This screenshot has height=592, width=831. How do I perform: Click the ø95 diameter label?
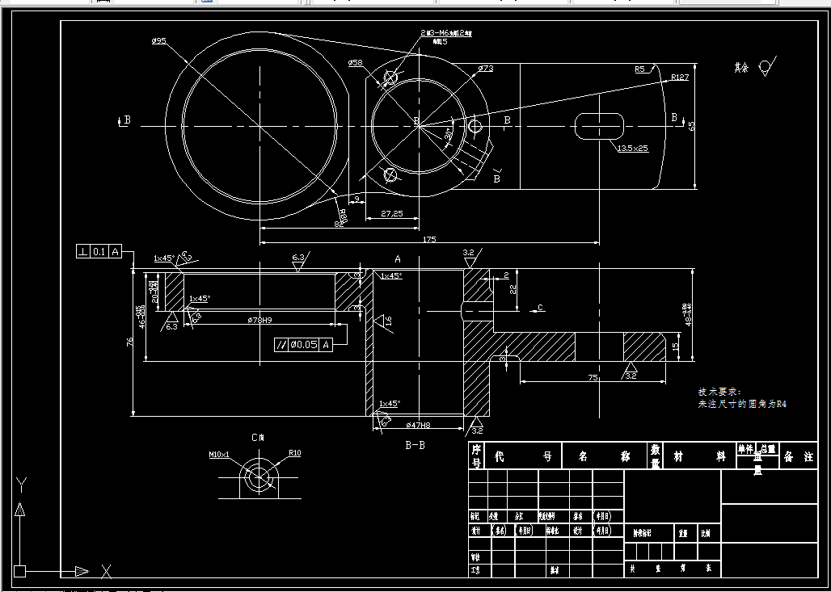click(x=158, y=40)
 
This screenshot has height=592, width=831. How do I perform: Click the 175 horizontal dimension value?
click(x=429, y=240)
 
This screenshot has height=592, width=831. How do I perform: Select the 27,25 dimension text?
click(x=391, y=214)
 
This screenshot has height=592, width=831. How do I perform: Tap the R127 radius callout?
click(x=680, y=78)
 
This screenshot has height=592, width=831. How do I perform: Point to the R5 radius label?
click(x=640, y=69)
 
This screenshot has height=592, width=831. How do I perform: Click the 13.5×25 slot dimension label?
click(x=632, y=149)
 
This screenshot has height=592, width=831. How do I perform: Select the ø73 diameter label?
click(x=485, y=69)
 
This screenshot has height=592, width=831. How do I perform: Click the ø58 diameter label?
click(x=355, y=62)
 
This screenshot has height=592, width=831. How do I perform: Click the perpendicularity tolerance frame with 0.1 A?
click(x=99, y=252)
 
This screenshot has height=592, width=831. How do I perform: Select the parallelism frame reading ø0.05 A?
click(x=303, y=345)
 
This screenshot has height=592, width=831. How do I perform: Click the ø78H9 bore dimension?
click(x=259, y=320)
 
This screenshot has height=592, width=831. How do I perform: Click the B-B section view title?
click(x=415, y=444)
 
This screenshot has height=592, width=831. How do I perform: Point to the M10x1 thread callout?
click(x=219, y=454)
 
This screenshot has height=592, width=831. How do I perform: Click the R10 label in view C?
click(x=294, y=453)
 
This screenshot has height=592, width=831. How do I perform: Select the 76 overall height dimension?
click(x=130, y=342)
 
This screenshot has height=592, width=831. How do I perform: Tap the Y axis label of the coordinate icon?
click(x=22, y=484)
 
